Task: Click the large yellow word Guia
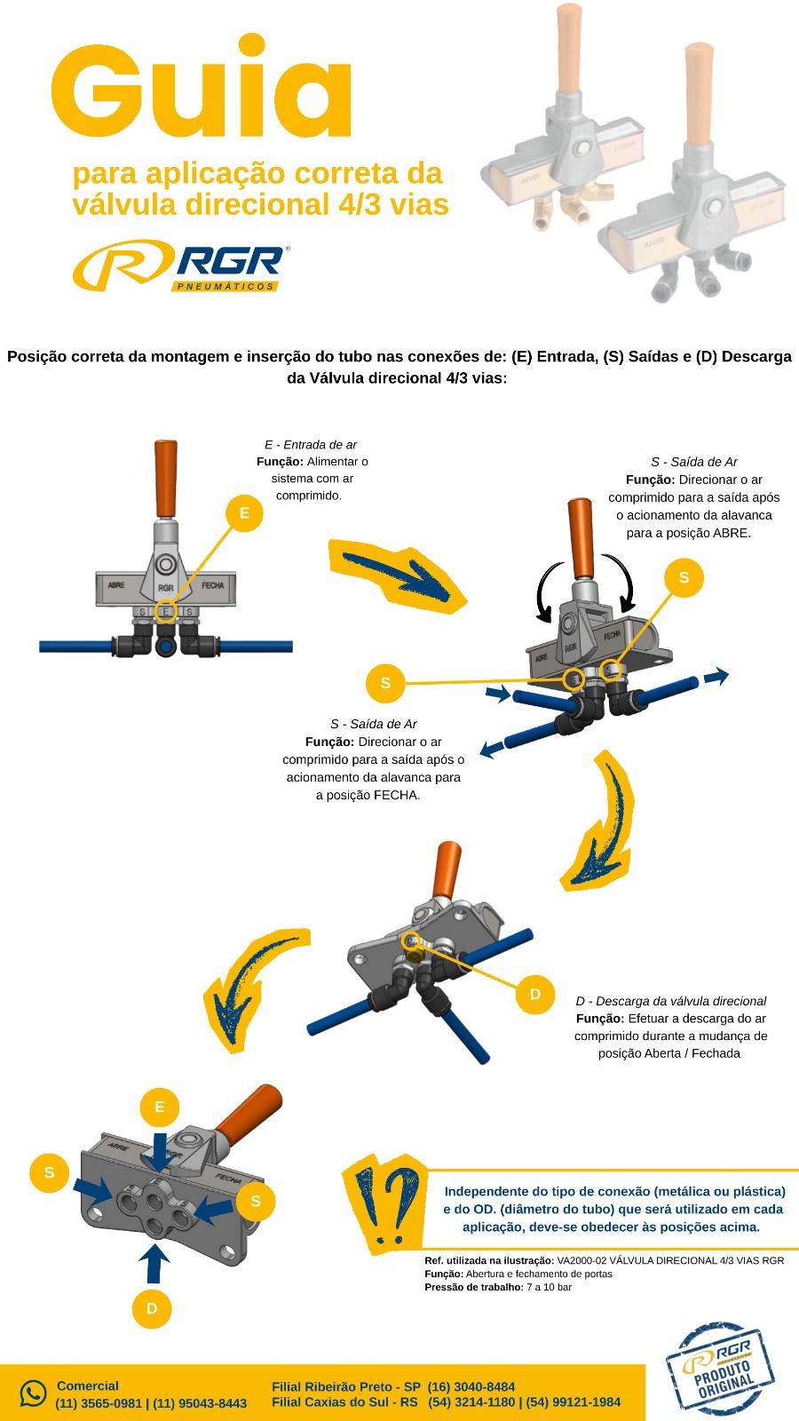201,87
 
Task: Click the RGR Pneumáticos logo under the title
181,266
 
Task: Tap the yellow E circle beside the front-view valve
244,513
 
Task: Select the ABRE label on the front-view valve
116,585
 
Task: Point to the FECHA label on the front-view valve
212,585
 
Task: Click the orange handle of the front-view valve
166,478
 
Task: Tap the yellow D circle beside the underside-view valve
535,994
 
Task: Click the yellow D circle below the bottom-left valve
152,1308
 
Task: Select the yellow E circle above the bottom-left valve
159,1107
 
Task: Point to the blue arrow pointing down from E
158,1151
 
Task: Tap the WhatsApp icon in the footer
33,1393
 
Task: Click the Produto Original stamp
720,1372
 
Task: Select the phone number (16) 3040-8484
471,1386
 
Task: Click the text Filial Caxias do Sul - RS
345,1402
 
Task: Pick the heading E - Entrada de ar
311,445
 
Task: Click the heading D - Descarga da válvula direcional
671,1001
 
